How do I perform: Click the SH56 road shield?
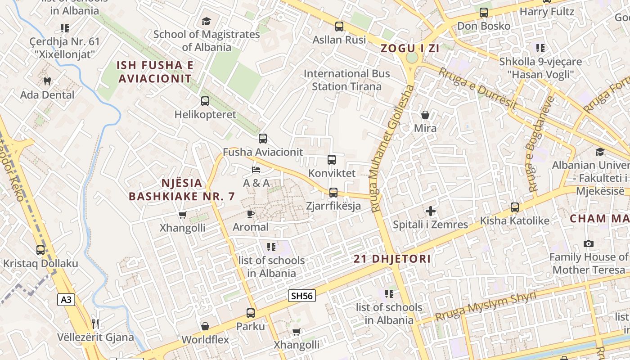tap(301, 296)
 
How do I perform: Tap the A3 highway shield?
tap(66, 300)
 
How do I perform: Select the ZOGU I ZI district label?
tap(410, 49)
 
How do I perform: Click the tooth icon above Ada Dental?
tap(47, 81)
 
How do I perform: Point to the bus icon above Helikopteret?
tap(205, 101)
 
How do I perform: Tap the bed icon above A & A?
tap(256, 170)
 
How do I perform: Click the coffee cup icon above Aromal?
tap(251, 214)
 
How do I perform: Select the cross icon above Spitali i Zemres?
tap(431, 211)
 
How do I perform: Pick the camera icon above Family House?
tap(588, 243)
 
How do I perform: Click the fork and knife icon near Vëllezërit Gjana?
tap(95, 324)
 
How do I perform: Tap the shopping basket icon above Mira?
tap(425, 115)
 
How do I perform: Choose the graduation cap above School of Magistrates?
tap(206, 21)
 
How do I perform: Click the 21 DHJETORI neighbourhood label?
tap(392, 259)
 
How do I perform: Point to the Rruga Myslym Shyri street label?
tap(486, 306)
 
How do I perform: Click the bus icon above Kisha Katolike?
tap(515, 207)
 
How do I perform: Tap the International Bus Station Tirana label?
tap(346, 80)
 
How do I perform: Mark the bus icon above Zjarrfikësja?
tap(333, 192)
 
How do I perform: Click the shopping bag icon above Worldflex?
tap(205, 326)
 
